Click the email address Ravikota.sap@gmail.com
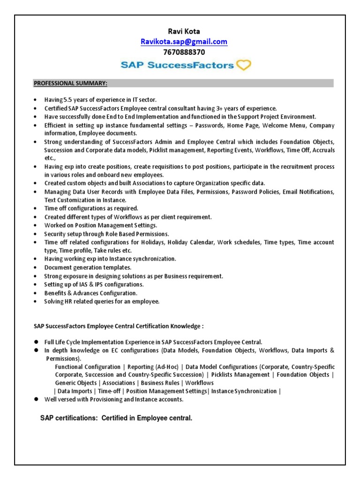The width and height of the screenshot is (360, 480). coord(184,42)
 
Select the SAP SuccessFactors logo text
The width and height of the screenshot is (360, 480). coord(177,66)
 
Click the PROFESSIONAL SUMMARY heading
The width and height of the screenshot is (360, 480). coord(70,83)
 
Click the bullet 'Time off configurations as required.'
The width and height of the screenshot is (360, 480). coord(91,209)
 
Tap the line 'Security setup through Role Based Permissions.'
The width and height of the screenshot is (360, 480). coord(107,234)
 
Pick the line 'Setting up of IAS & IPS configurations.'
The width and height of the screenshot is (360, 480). coord(94,285)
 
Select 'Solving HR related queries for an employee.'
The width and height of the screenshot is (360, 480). coord(102,301)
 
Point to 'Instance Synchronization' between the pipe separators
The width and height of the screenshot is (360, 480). coord(244,391)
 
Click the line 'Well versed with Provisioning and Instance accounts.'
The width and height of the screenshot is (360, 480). coord(114,399)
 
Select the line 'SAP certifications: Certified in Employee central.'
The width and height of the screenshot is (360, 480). coord(116,418)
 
